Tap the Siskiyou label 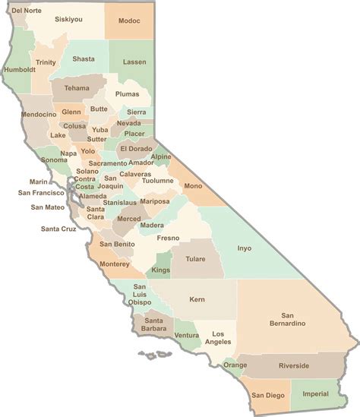coord(67,20)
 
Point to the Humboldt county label coord(20,69)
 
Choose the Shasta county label coord(84,58)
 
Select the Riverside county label coord(294,365)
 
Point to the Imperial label coord(315,393)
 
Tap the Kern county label coord(197,299)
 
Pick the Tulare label coord(195,259)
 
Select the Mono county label coord(193,185)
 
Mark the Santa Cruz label coord(58,228)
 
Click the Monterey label coord(115,264)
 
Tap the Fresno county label coord(167,238)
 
